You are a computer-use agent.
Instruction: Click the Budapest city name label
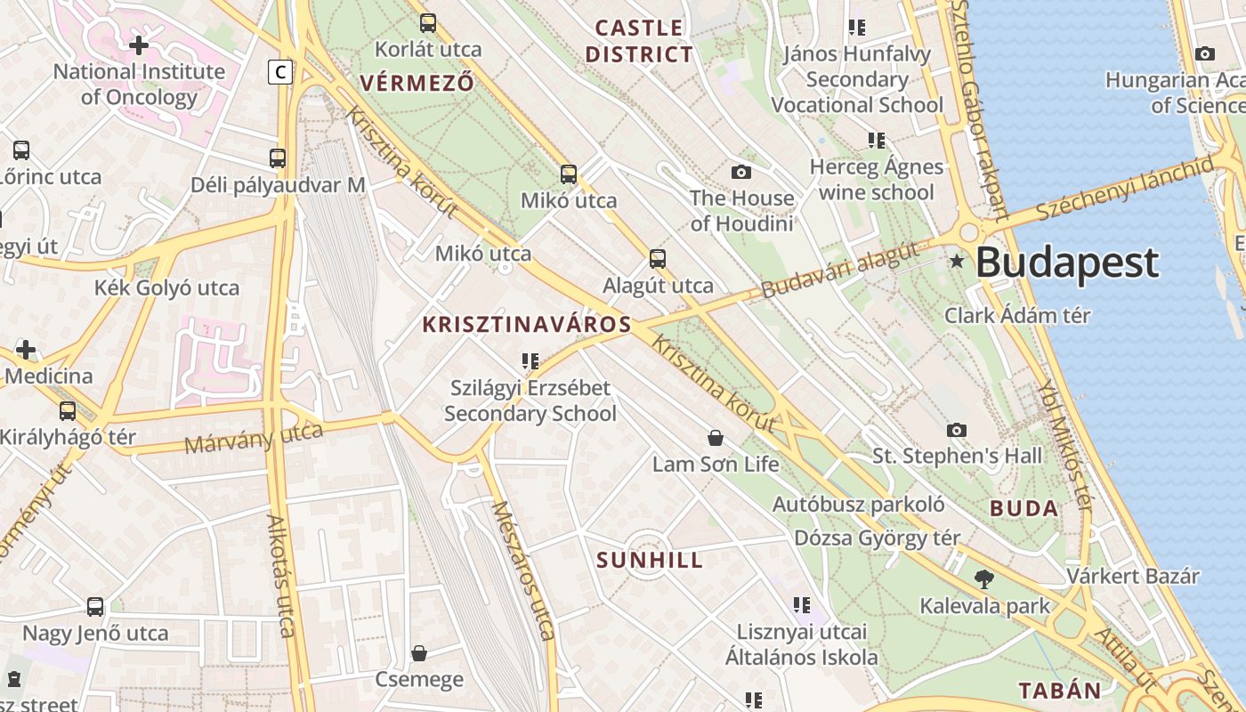1067,263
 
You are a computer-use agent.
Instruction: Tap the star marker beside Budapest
957,261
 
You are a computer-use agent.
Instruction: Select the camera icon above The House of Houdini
740,172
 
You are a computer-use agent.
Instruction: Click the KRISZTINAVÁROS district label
527,325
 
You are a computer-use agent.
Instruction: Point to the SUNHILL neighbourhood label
650,561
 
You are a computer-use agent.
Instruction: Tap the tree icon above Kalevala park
984,579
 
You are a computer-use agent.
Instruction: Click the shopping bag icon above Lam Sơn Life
715,437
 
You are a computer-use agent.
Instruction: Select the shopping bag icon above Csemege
419,653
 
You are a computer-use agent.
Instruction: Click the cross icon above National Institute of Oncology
139,44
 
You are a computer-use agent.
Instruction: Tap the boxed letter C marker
280,71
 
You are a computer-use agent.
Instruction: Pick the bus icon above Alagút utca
658,259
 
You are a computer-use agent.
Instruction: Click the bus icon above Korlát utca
428,23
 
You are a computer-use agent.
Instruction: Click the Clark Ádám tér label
1017,315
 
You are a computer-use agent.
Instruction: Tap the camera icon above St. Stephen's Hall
957,430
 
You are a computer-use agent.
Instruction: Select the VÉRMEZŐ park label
417,83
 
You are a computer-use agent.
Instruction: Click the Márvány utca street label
254,436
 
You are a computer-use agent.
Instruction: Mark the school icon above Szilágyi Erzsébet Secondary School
530,361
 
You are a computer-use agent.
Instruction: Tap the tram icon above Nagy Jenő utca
95,607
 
